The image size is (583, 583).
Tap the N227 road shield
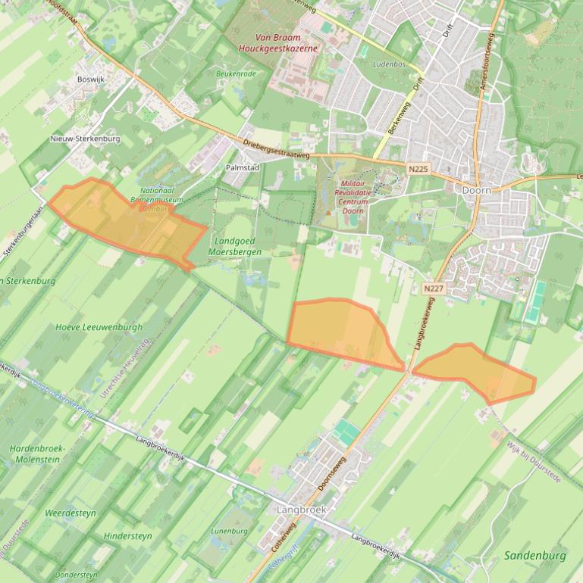click(x=433, y=288)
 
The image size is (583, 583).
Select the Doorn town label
click(x=477, y=190)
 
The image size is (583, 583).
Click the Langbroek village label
click(x=301, y=510)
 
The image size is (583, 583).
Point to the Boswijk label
click(x=90, y=79)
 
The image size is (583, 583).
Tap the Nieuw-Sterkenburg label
click(x=86, y=139)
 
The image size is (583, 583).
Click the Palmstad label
click(x=243, y=167)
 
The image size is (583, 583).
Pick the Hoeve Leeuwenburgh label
click(x=99, y=328)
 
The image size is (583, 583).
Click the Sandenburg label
click(x=534, y=556)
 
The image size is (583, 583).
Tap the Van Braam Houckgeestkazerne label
click(x=277, y=42)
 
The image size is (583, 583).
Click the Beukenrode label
click(x=236, y=73)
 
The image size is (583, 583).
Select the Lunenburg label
click(x=229, y=531)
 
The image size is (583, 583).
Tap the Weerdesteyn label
click(x=70, y=513)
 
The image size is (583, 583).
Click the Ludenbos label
click(x=390, y=64)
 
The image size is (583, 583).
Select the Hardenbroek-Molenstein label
click(x=37, y=454)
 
